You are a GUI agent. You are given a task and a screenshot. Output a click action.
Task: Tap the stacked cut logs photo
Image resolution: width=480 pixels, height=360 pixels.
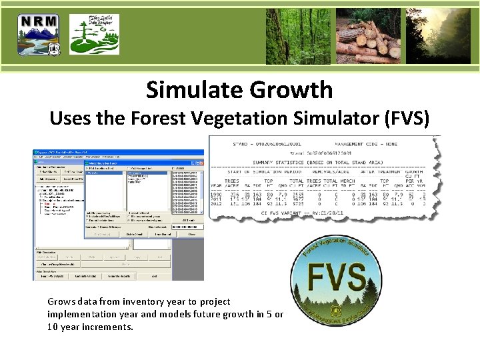coord(367,35)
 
